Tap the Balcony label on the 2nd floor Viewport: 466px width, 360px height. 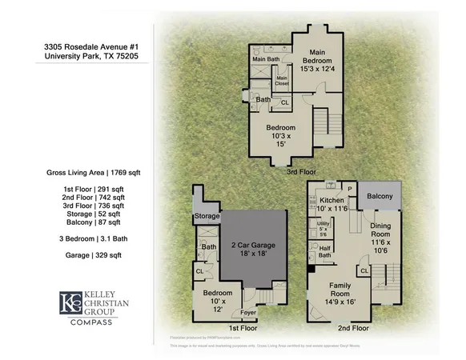(x=379, y=196)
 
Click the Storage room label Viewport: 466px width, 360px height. (x=206, y=216)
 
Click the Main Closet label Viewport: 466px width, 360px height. (x=282, y=80)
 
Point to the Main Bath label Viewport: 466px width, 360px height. (x=267, y=59)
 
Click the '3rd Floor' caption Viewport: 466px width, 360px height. (x=299, y=170)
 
